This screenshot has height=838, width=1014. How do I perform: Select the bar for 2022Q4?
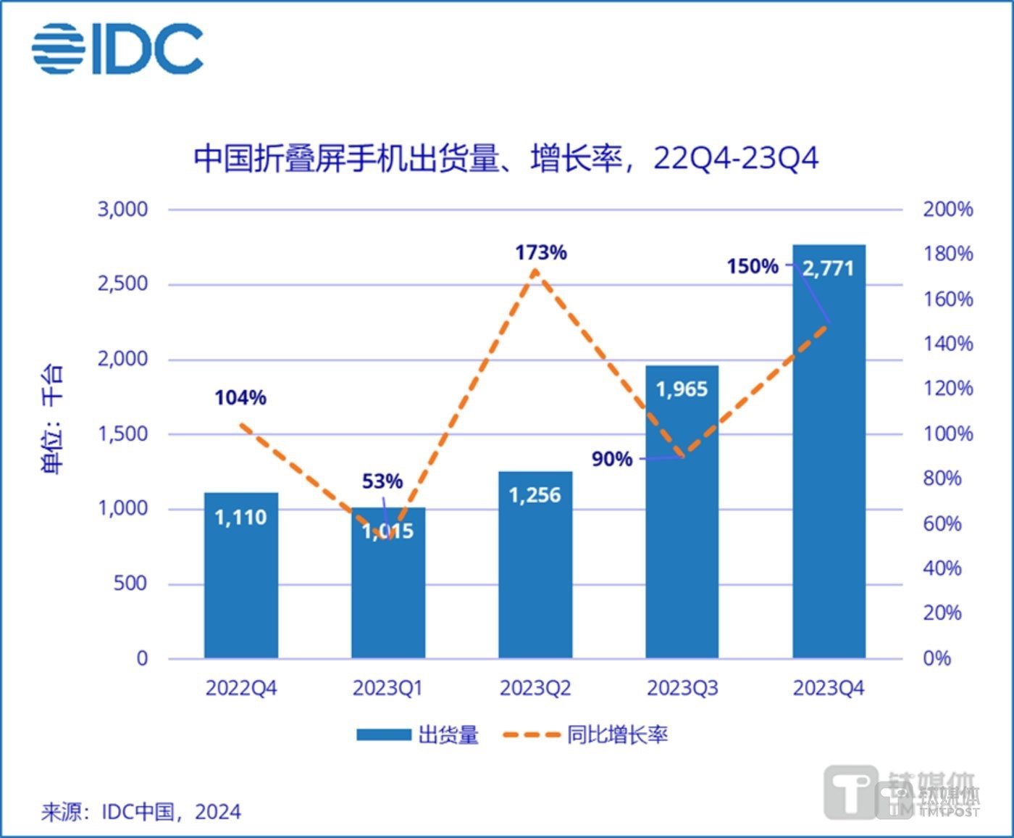[241, 580]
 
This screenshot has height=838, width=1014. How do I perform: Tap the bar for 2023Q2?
[535, 573]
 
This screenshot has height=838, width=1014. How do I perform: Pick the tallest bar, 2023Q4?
[829, 464]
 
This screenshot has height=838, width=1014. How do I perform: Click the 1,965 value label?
[682, 389]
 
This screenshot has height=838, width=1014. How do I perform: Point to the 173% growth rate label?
[541, 253]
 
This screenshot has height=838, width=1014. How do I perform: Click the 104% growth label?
[240, 397]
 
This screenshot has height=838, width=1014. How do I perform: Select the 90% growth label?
[612, 459]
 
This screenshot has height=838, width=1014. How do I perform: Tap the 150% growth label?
[753, 267]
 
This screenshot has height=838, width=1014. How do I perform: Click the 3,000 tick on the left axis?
[122, 209]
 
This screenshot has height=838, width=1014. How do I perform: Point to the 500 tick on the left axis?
[130, 584]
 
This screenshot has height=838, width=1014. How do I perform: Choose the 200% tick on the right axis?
[947, 209]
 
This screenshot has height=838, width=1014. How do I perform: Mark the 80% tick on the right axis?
[942, 478]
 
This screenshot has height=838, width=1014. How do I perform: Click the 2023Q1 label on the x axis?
[387, 688]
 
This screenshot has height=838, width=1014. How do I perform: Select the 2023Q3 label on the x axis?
[682, 688]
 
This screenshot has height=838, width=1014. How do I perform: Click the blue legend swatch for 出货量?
[384, 735]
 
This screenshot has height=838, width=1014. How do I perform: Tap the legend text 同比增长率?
[617, 735]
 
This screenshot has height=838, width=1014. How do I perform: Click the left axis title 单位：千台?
[52, 419]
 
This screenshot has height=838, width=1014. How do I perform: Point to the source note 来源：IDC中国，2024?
[141, 811]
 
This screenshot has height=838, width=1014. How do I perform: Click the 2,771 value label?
[829, 269]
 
